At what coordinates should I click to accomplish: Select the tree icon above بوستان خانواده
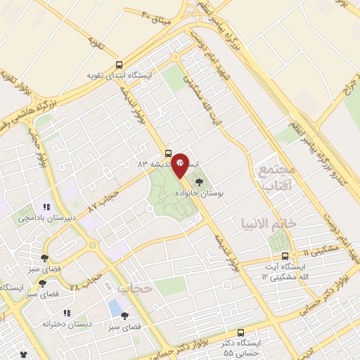click(200, 181)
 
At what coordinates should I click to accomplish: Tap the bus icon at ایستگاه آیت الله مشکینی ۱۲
click(285, 256)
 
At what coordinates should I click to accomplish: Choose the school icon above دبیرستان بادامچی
click(46, 207)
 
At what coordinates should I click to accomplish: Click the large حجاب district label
click(135, 288)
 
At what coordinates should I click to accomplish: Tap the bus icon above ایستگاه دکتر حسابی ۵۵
click(241, 332)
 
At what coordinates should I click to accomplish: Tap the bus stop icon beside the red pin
click(167, 153)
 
